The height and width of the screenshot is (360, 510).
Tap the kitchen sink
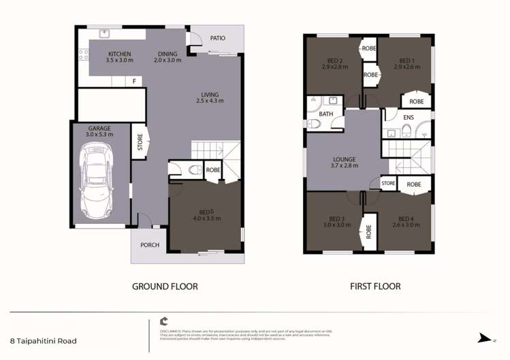(x=105, y=33)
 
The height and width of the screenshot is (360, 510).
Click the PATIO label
(x=217, y=38)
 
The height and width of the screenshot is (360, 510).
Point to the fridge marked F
(x=135, y=82)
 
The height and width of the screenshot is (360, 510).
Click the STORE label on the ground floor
(x=140, y=143)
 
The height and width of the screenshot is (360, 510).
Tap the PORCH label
(x=150, y=245)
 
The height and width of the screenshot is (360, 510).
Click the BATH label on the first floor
(x=327, y=114)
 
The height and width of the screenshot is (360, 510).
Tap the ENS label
(x=409, y=118)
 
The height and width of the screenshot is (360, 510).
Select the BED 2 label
(x=334, y=60)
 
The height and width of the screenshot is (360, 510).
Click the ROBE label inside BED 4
(x=414, y=184)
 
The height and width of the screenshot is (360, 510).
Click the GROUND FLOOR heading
(x=165, y=287)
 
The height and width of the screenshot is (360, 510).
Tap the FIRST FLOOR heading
(x=375, y=287)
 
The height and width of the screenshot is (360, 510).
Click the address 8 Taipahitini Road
(x=44, y=341)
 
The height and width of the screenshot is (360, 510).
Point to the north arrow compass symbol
(x=485, y=338)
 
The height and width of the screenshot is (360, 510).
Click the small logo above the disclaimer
(x=163, y=321)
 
